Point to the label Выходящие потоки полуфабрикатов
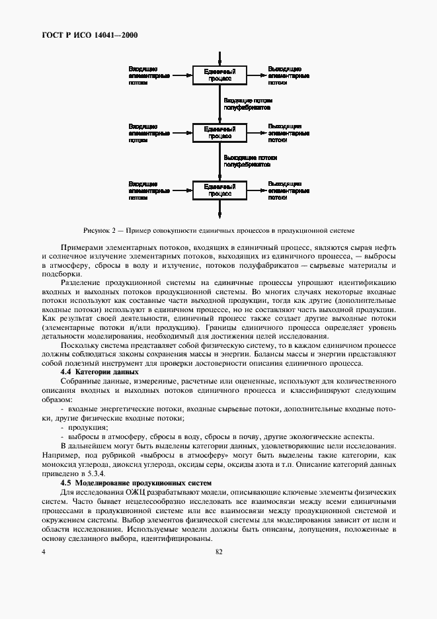tap(250, 161)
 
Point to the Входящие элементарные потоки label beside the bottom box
tap(149, 190)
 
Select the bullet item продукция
tap(80, 427)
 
